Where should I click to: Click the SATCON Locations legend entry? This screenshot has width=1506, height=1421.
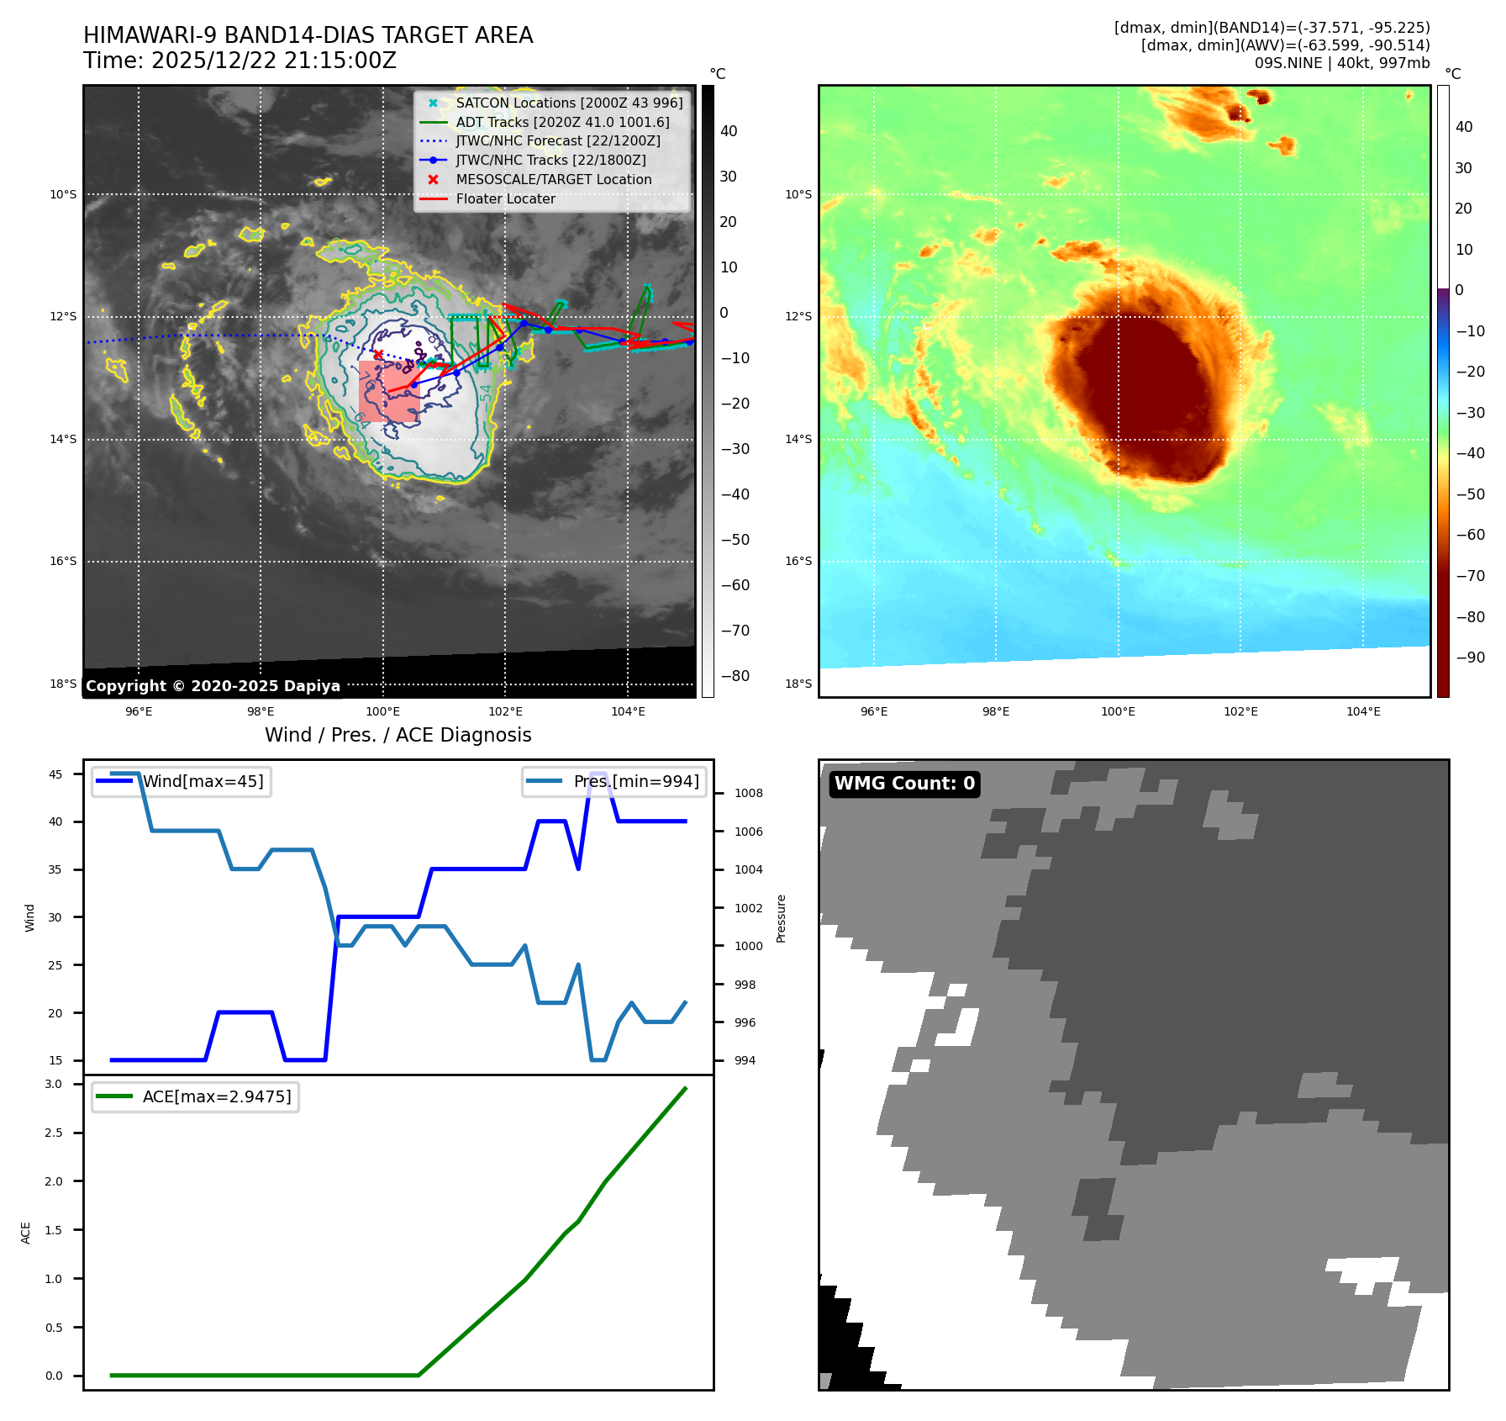568,103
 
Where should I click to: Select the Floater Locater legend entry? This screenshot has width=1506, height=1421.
505,199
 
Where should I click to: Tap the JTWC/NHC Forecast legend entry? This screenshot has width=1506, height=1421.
557,141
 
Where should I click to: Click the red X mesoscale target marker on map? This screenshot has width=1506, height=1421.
378,355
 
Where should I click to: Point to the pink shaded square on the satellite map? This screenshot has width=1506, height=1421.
389,392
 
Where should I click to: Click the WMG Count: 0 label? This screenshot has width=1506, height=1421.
904,784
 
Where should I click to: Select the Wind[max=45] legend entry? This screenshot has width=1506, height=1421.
203,781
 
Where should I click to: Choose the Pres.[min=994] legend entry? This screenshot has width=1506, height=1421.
635,781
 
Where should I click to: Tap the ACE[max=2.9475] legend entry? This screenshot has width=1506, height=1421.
217,1096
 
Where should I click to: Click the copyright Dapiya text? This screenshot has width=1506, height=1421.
213,686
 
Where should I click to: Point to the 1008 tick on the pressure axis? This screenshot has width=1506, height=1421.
748,793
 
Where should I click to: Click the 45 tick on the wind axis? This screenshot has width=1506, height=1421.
55,774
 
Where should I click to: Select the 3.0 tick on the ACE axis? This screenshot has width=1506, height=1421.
54,1084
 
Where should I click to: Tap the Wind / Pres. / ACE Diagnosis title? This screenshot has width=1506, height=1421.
398,735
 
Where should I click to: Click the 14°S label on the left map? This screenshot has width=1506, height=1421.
63,439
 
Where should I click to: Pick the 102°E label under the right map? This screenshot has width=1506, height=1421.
1240,711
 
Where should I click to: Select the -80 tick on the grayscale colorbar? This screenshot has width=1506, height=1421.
735,676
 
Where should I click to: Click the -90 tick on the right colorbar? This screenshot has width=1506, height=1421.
1470,658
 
